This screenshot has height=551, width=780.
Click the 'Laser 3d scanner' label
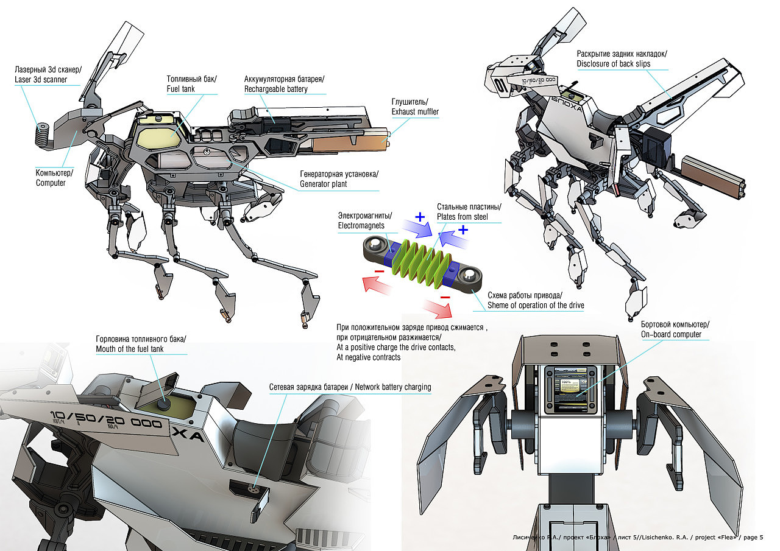pos(40,80)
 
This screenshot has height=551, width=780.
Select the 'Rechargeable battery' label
pos(276,89)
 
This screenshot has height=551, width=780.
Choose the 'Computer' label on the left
pos(51,183)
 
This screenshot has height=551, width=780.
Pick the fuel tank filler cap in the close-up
pos(165,401)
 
